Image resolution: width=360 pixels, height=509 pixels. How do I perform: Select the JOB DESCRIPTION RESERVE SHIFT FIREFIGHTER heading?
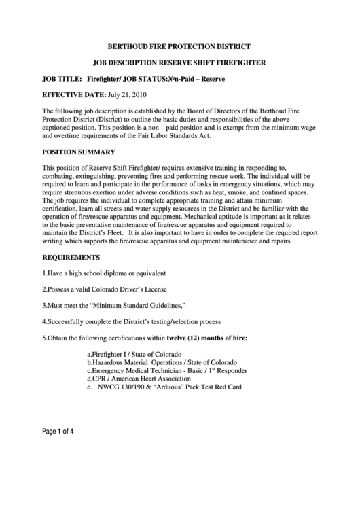180,63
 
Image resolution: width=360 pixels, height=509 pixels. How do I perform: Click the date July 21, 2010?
127,95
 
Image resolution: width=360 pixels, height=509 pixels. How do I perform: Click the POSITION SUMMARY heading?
79,152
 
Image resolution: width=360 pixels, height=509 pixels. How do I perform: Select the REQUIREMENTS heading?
71,258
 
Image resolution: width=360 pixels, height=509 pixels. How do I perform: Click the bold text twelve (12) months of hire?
207,338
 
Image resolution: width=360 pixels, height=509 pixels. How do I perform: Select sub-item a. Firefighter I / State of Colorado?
134,355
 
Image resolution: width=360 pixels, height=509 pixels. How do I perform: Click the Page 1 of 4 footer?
58,430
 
